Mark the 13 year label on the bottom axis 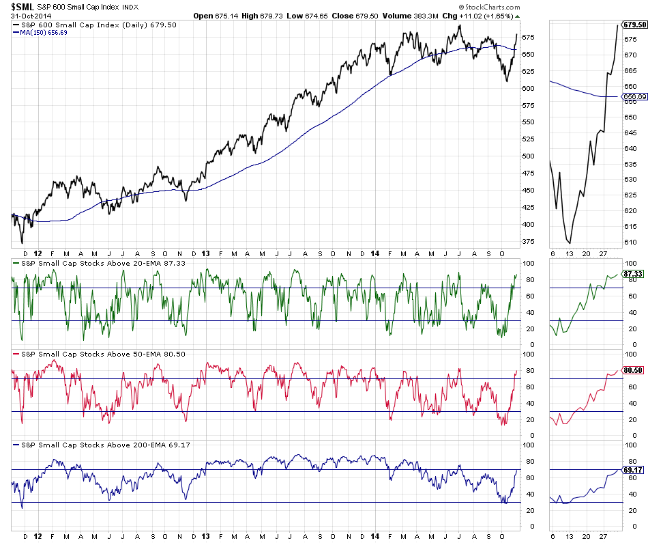point(205,537)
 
